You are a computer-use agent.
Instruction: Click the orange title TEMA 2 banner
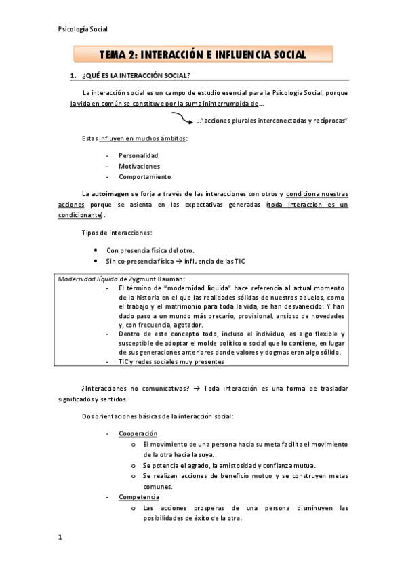[203, 54]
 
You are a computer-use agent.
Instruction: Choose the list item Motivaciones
[139, 166]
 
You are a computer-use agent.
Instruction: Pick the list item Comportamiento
[144, 177]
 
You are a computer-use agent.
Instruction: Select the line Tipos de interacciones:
[112, 233]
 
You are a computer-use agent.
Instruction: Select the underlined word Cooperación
[138, 433]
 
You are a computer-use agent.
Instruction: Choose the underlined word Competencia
[139, 497]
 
